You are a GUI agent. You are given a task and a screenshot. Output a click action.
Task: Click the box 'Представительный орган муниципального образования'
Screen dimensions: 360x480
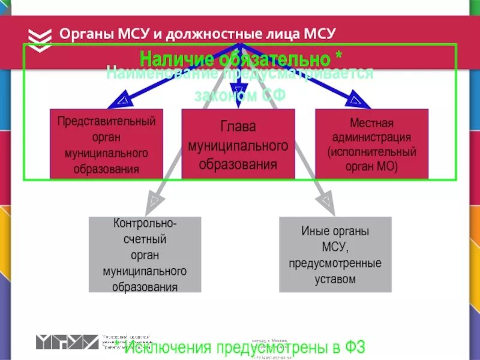click(x=107, y=144)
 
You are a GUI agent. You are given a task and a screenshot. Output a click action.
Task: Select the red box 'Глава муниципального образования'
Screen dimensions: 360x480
click(x=238, y=144)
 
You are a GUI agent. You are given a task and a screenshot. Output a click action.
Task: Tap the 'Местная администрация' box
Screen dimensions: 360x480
click(x=371, y=144)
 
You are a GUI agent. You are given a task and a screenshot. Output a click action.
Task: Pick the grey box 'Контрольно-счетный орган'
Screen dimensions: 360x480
click(x=145, y=254)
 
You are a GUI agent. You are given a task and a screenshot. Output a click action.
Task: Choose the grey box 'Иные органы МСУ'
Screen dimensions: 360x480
click(x=335, y=254)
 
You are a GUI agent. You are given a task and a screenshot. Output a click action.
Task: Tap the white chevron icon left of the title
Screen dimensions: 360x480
click(x=40, y=37)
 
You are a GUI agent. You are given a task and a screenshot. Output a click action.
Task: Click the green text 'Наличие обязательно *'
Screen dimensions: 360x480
click(x=241, y=59)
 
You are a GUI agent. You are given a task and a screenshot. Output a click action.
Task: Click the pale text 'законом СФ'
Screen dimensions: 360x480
click(x=240, y=95)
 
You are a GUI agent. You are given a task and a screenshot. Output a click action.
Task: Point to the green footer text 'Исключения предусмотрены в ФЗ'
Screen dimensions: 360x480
click(x=244, y=348)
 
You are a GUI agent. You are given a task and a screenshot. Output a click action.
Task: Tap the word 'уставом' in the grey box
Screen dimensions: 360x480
click(x=335, y=279)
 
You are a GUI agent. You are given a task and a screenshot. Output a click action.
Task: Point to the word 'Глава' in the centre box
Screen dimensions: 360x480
click(x=238, y=127)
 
